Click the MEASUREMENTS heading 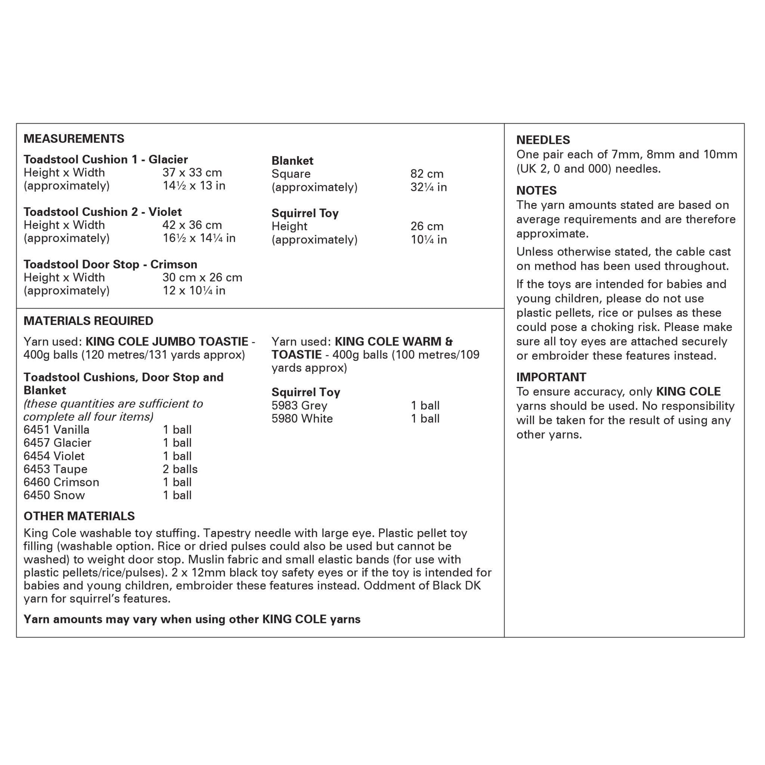point(74,139)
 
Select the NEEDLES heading point(543,140)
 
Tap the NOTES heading point(536,191)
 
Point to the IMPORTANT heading point(551,377)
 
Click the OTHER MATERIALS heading point(79,516)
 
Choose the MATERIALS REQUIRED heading point(88,321)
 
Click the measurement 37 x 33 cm point(192,173)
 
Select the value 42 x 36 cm point(192,225)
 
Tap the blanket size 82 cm point(427,174)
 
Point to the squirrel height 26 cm point(427,226)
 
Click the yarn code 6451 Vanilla point(57,430)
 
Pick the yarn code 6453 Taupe point(55,469)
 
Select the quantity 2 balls point(180,469)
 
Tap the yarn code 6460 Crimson point(61,482)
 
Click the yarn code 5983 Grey point(299,405)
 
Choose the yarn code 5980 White point(302,418)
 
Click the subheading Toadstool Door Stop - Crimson point(110,264)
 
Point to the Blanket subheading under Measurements point(292,160)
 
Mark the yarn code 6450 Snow point(54,495)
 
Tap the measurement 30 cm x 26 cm point(202,277)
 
